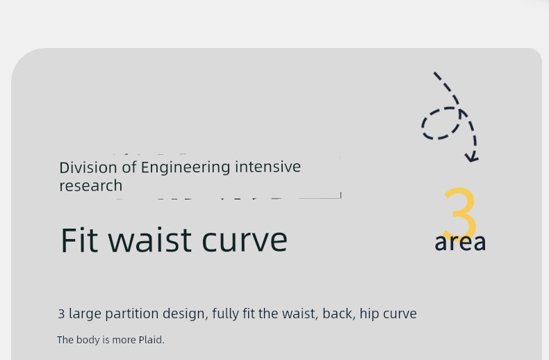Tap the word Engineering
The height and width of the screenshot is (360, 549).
click(186, 168)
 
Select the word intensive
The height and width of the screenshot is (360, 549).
click(268, 167)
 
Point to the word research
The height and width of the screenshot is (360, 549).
click(90, 186)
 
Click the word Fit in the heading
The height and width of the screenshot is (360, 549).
click(79, 240)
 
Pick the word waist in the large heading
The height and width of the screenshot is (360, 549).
click(150, 240)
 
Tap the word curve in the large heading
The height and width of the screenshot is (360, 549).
click(245, 241)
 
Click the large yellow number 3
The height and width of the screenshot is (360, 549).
click(460, 213)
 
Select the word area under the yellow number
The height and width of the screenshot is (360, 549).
click(460, 243)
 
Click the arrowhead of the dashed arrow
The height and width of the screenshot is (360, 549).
click(472, 157)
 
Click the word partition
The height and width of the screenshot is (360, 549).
click(132, 313)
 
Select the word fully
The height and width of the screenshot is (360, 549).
click(225, 314)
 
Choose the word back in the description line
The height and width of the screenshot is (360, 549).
click(338, 313)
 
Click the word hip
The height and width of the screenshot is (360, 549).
click(369, 313)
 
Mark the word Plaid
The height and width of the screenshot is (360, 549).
click(151, 340)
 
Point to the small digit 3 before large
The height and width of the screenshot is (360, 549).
click(61, 313)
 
